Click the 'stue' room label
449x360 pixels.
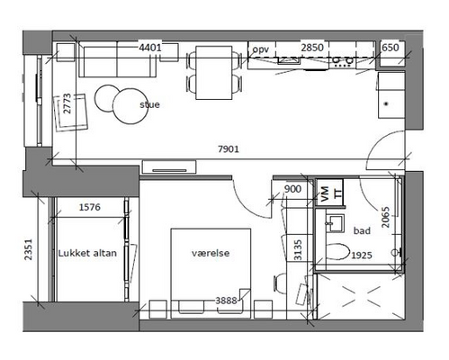tap(149, 104)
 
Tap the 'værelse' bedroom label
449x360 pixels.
tap(211, 253)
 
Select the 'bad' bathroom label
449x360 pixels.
tap(362, 230)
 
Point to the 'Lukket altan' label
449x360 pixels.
tap(87, 253)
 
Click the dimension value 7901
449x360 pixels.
tap(229, 148)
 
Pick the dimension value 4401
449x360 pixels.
tap(150, 48)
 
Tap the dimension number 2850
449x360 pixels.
tap(312, 48)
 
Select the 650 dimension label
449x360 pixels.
tap(391, 48)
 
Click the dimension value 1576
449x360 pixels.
tap(89, 207)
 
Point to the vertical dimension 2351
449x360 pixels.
tap(28, 249)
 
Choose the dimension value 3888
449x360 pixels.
tap(226, 301)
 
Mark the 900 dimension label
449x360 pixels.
tap(292, 189)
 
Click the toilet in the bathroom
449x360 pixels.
tap(337, 251)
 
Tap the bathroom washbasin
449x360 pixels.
tap(335, 222)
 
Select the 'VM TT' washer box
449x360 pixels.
tap(330, 193)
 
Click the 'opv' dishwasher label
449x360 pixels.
tap(260, 49)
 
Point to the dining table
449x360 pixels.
tap(214, 73)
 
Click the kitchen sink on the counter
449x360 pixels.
tap(289, 60)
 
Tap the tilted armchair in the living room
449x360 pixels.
tap(70, 112)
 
